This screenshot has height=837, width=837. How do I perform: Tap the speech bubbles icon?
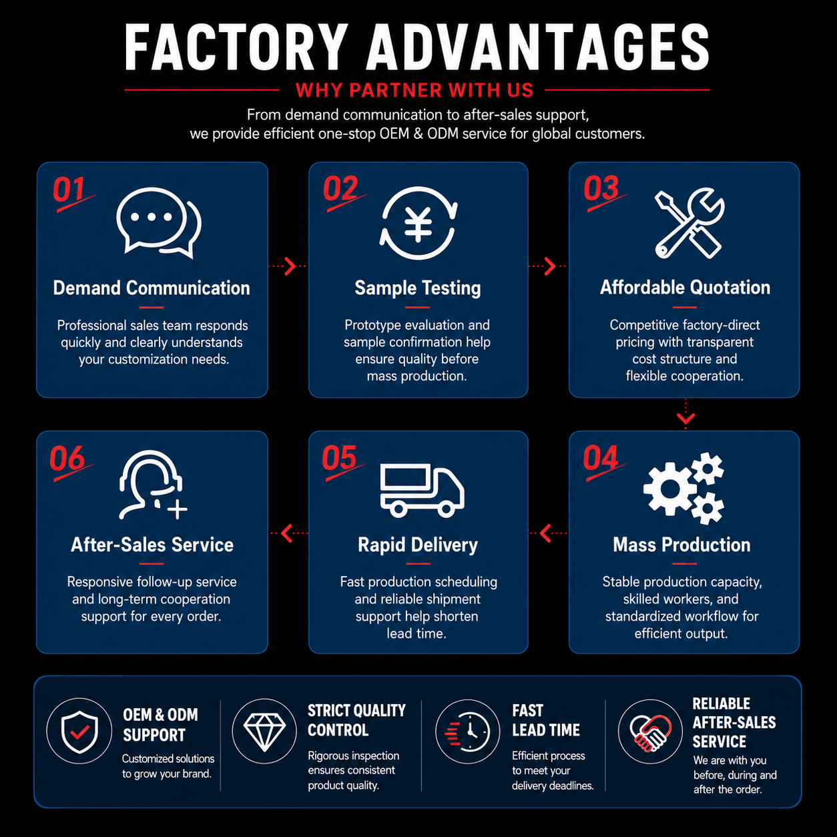point(159,222)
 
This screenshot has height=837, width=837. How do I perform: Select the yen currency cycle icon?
point(418,223)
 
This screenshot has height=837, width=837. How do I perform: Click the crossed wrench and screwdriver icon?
point(689,223)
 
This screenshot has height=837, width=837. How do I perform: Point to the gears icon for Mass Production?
point(683,488)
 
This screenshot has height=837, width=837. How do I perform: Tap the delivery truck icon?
point(422,491)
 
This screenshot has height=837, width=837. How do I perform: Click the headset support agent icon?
point(152,485)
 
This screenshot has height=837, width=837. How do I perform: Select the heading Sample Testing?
point(417,288)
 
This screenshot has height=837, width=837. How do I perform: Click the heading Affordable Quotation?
point(685,288)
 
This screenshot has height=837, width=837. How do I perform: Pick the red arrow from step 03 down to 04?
point(686,413)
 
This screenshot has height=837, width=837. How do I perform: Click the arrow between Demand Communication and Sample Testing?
point(288,266)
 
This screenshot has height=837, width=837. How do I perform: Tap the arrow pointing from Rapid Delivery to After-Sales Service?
point(289,533)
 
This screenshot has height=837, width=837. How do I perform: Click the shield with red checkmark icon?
point(79,732)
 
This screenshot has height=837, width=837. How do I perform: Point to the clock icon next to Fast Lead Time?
point(468,732)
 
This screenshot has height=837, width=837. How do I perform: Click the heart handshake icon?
point(650,733)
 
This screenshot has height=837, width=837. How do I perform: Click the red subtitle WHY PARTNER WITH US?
point(414,90)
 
